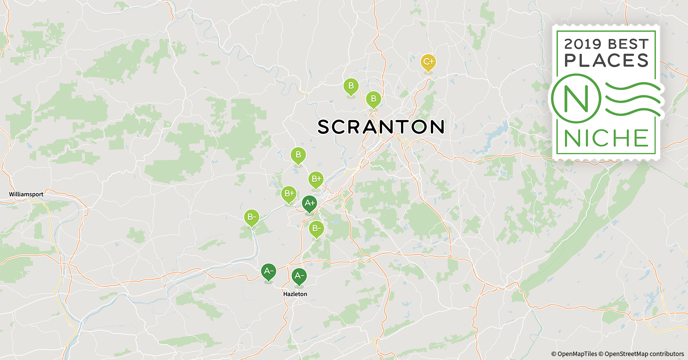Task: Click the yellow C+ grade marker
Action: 428,62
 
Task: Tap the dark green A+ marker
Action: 309,203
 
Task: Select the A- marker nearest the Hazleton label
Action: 299,276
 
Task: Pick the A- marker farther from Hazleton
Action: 268,271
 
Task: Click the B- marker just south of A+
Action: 316,228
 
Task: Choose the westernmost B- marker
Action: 251,217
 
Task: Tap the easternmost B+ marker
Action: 316,179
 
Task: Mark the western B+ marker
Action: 289,194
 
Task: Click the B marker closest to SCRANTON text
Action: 374,99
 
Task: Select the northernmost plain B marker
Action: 351,86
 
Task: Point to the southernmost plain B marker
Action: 298,155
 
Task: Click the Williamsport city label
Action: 26,194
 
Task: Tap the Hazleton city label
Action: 295,294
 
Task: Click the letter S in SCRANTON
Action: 323,127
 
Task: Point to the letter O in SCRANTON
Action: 419,127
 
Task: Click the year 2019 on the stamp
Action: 582,44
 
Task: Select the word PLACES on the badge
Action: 607,60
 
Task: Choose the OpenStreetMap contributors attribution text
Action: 644,354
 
